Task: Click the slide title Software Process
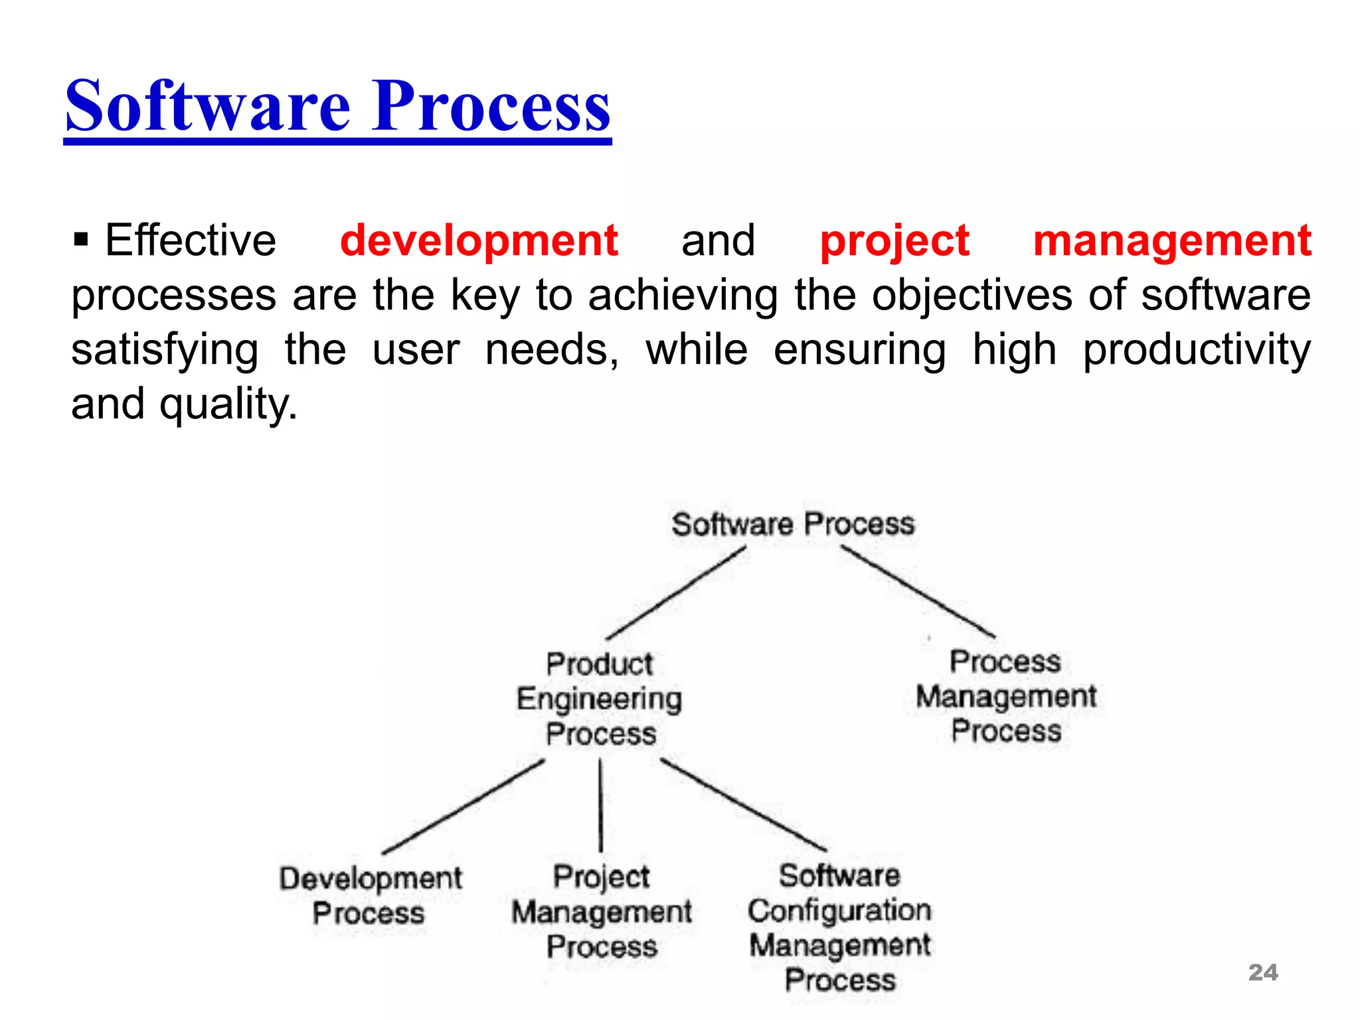click(x=337, y=106)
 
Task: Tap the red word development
click(x=479, y=240)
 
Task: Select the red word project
click(x=894, y=240)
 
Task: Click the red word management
click(x=1172, y=240)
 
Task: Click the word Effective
click(x=190, y=240)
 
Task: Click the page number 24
click(x=1262, y=972)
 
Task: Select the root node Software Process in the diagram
click(x=793, y=524)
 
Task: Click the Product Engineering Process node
click(x=600, y=699)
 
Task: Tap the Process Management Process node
click(x=1005, y=696)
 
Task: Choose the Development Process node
click(x=370, y=895)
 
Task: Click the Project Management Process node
click(x=601, y=911)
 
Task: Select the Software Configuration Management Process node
click(x=840, y=927)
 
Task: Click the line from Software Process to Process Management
click(x=918, y=592)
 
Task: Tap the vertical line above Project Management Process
click(x=600, y=805)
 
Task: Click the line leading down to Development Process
click(x=463, y=807)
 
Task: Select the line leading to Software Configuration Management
click(x=744, y=805)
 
